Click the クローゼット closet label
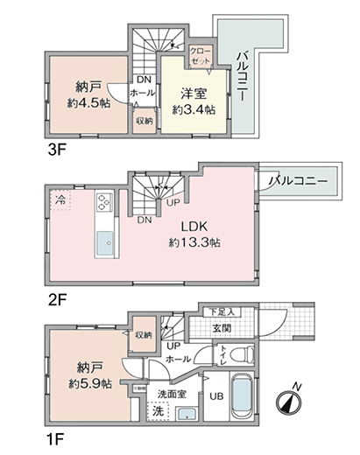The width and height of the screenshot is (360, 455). tap(200, 57)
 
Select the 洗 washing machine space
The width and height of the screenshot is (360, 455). tap(159, 410)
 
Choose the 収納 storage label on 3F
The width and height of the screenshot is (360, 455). tap(144, 120)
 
